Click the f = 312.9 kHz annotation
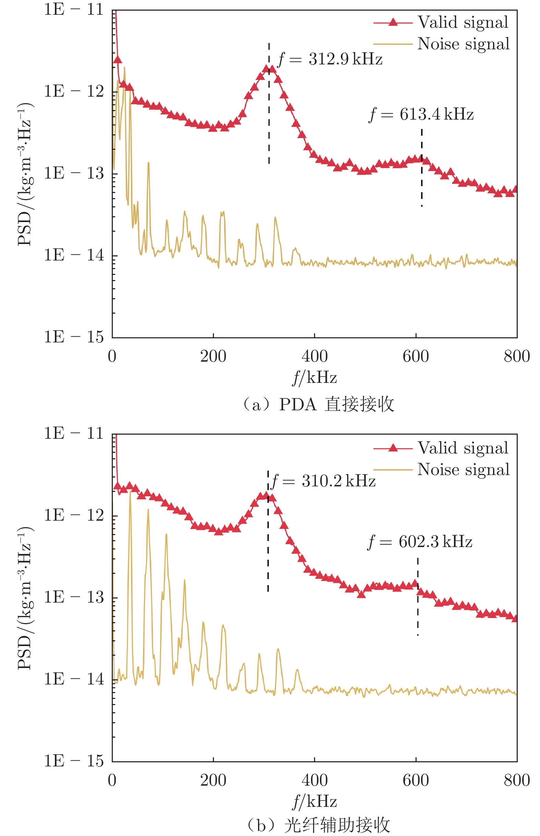pos(330,59)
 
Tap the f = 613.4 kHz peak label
pos(421,114)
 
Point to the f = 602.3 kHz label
pos(420,542)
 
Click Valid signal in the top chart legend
pos(463,22)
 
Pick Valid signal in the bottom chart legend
pos(463,448)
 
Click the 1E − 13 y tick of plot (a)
pos(74,173)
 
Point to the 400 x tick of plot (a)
pos(314,356)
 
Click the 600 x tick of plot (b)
pos(416,780)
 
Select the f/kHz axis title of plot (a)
pos(314,377)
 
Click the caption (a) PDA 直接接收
pos(319,404)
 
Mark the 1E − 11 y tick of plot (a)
pos(74,10)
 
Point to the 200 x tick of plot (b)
pos(213,780)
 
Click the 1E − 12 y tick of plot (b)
pos(74,515)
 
